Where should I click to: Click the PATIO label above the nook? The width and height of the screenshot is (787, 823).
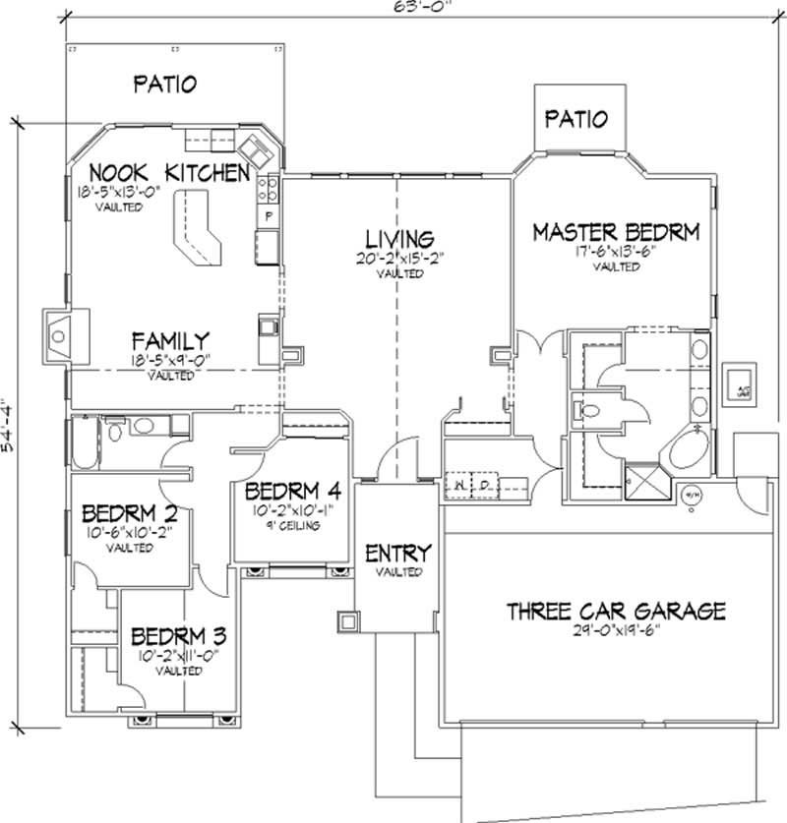164,84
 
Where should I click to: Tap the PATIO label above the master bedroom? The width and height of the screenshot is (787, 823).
575,119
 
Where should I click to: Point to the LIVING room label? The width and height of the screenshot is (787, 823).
398,239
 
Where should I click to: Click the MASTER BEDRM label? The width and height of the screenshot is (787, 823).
616,232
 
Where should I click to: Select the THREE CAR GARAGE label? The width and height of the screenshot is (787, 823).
616,611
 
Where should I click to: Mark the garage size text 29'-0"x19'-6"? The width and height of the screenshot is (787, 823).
616,630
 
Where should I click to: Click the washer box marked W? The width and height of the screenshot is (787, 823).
459,484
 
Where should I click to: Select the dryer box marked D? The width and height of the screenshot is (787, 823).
484,484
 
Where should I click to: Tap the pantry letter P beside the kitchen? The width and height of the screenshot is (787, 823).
268,214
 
